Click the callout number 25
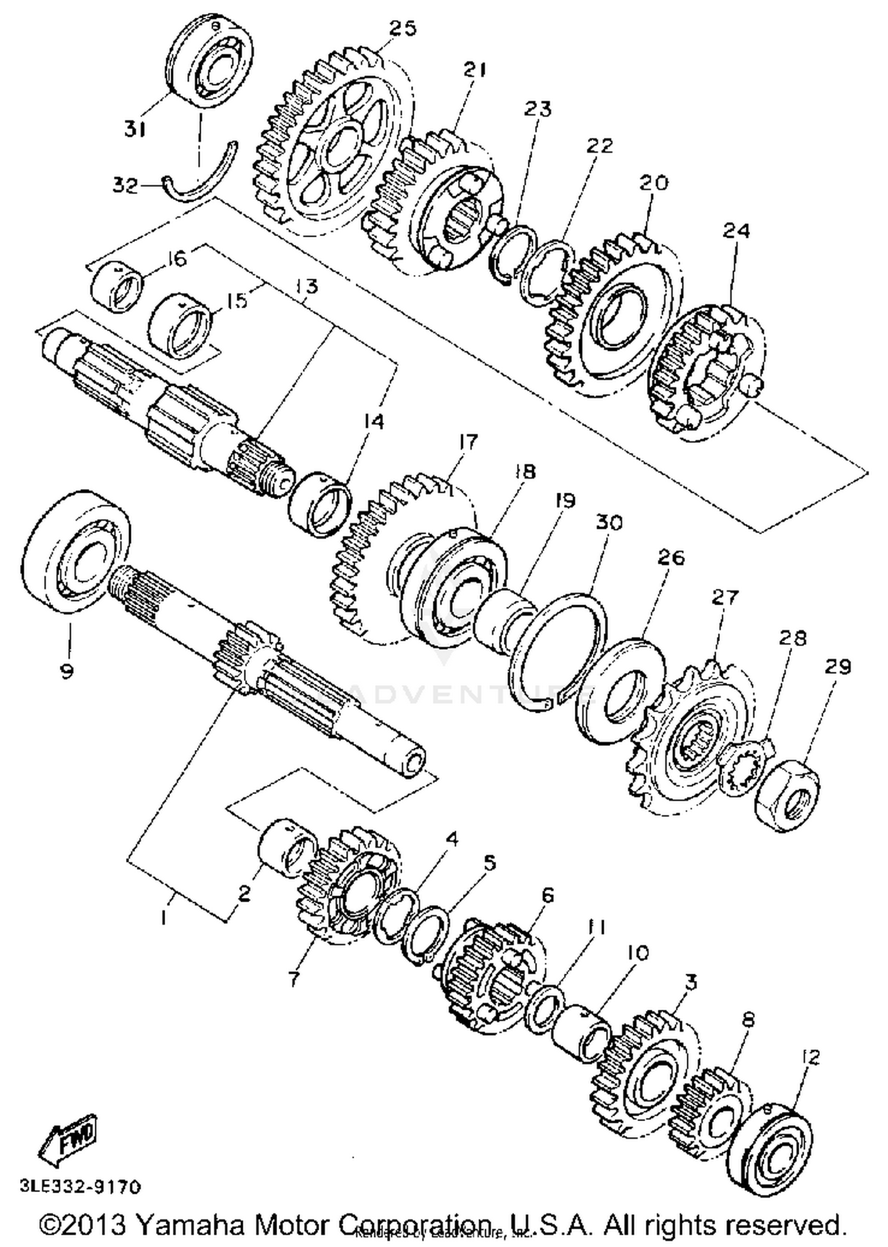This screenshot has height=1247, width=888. [403, 28]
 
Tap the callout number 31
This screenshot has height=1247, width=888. [136, 128]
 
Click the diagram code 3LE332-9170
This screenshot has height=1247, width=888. [81, 1186]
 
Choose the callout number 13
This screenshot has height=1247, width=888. [306, 287]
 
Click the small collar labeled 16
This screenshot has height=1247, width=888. [117, 288]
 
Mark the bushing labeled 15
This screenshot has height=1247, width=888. [180, 326]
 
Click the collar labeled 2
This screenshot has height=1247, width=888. [287, 845]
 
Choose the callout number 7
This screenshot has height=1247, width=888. [294, 978]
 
